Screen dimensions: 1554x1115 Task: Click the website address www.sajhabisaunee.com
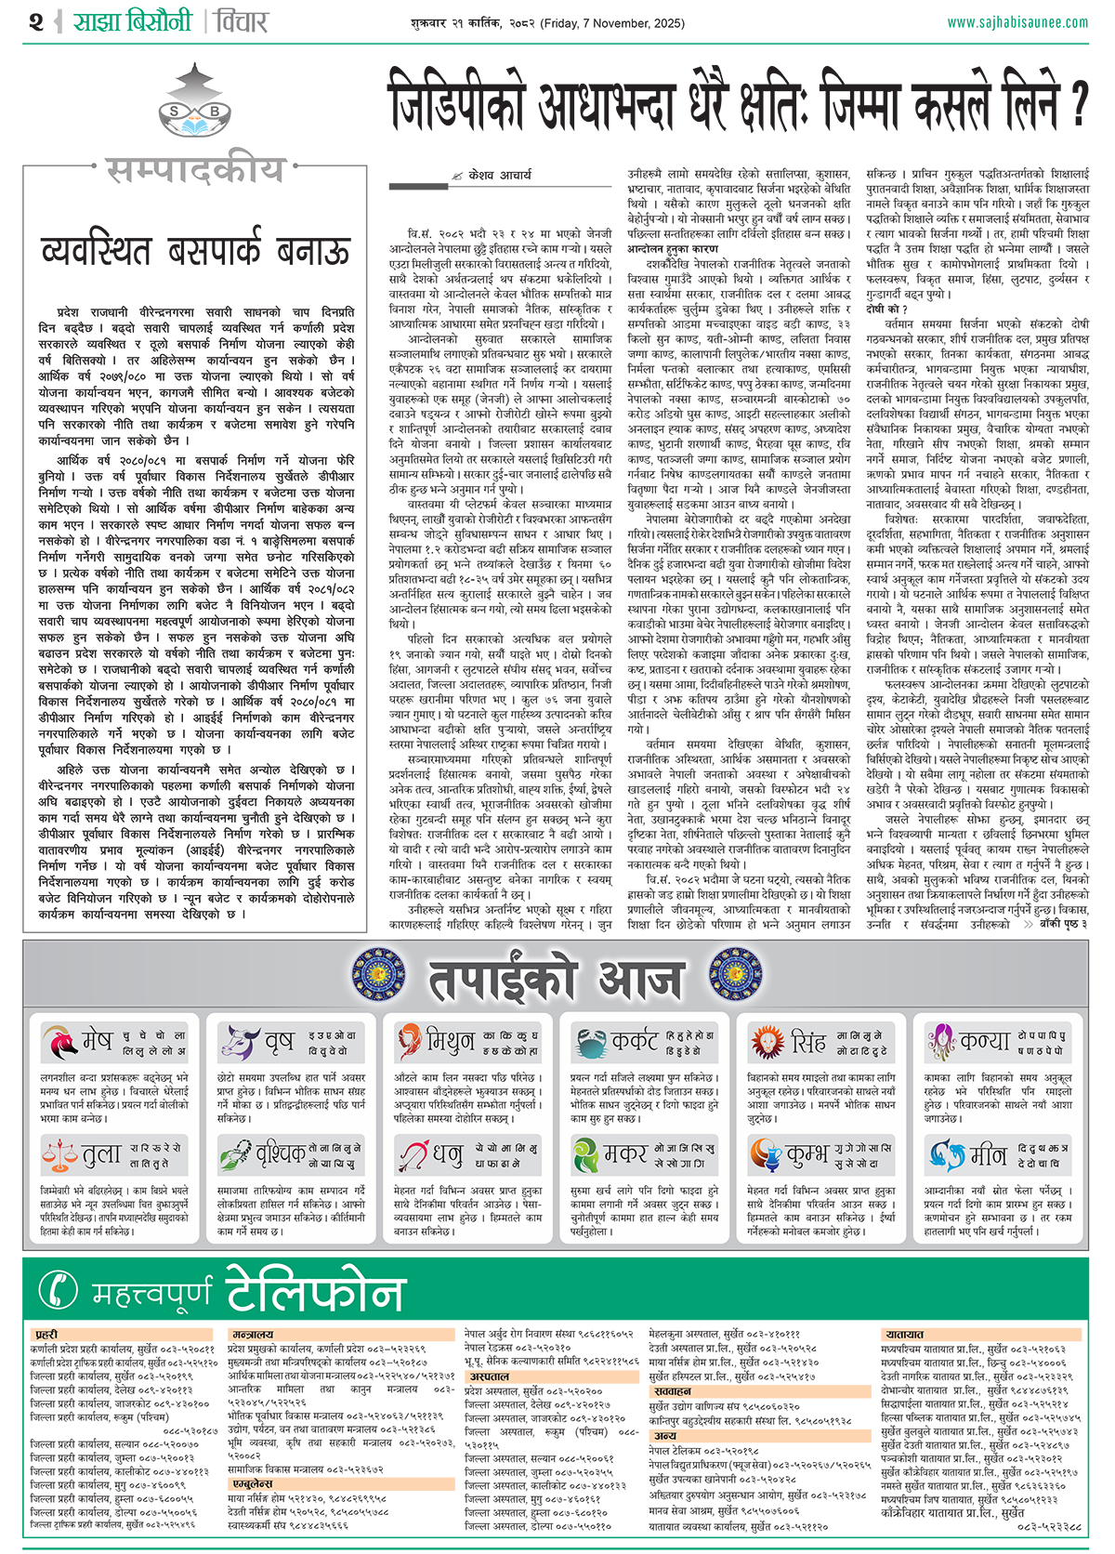(1017, 22)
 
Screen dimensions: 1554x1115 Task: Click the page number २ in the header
(36, 21)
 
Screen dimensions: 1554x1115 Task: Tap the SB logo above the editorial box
(194, 112)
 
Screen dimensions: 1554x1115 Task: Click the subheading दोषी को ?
(886, 309)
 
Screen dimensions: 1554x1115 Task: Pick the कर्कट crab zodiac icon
(589, 1043)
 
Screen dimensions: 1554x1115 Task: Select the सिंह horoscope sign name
(807, 1043)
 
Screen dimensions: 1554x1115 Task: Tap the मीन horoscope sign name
(988, 1155)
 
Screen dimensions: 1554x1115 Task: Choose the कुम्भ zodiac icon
(766, 1155)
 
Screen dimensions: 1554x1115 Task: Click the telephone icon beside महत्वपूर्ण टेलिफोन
(59, 1290)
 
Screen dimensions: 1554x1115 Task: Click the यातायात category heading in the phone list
(904, 1335)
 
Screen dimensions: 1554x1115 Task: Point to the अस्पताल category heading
(489, 1376)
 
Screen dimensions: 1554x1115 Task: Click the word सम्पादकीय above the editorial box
(194, 170)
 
